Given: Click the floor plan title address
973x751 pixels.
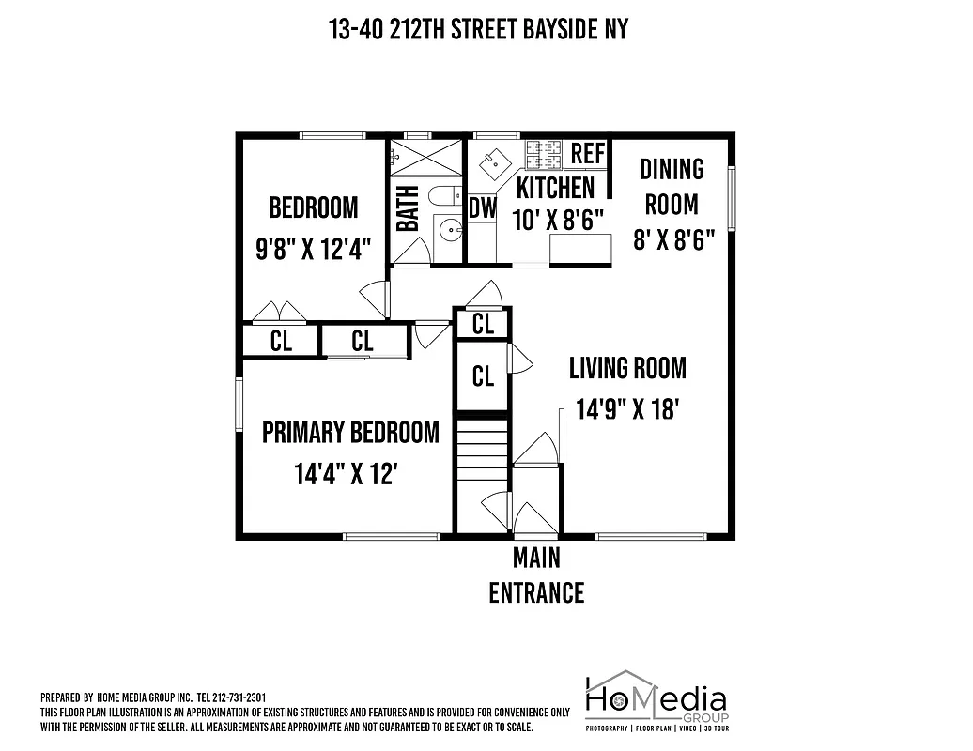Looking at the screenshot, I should click(x=478, y=30).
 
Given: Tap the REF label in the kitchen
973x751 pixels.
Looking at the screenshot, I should click(x=588, y=154).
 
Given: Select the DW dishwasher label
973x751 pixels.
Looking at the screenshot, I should click(x=482, y=207).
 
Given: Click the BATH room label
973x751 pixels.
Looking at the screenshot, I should click(x=408, y=208).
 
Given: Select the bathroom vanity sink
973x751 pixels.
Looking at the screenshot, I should click(x=450, y=228).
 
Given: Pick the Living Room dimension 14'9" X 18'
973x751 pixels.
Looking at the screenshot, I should click(x=626, y=409).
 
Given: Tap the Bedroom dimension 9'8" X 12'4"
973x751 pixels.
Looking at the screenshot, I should click(x=313, y=250).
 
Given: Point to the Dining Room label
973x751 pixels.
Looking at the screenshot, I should click(x=672, y=186).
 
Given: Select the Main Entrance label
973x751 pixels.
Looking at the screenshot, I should click(x=536, y=575).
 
